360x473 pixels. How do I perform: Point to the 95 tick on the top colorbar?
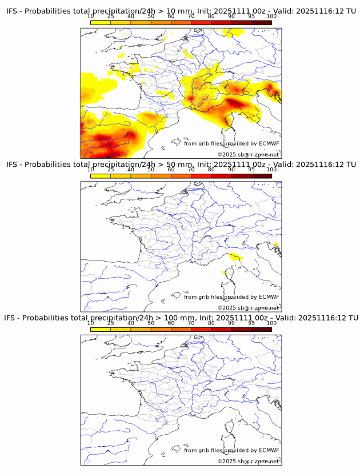click(x=251, y=16)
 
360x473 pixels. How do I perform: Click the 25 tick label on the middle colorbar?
click(x=110, y=170)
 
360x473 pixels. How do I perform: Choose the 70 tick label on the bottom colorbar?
click(x=191, y=323)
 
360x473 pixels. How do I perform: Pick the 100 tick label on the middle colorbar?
click(x=271, y=170)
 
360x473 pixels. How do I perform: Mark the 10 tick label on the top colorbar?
click(x=90, y=16)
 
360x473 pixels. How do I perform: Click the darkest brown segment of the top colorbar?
click(x=261, y=23)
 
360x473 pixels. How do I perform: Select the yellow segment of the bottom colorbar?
click(x=101, y=330)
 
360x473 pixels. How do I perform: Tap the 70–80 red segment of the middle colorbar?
click(x=201, y=176)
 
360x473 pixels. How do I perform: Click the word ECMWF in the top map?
click(x=269, y=143)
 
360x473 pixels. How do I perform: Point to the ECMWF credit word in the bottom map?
click(x=269, y=450)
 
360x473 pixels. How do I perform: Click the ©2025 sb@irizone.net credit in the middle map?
click(x=249, y=308)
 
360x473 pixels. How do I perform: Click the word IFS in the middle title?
click(x=12, y=165)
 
